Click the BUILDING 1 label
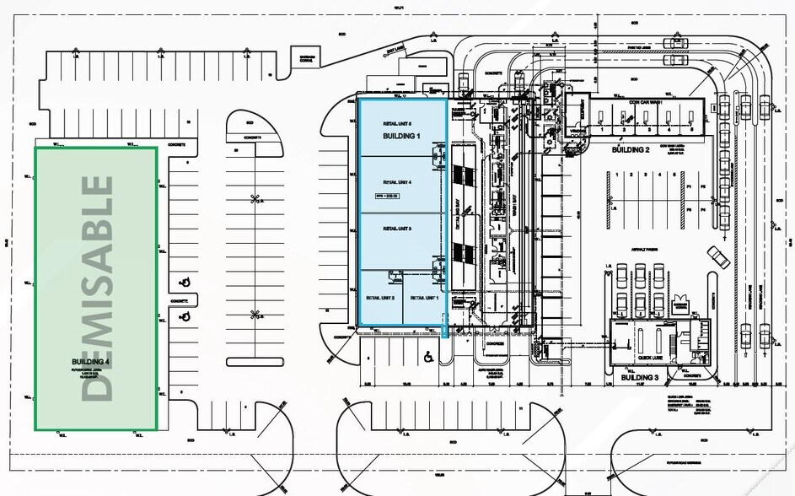click(x=400, y=136)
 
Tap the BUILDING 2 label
click(x=630, y=149)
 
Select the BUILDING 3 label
click(x=643, y=377)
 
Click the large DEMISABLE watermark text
click(x=98, y=288)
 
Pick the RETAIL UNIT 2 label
click(x=380, y=298)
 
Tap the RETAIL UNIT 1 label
click(x=424, y=298)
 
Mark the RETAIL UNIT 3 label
click(x=397, y=229)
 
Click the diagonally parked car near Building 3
click(x=718, y=257)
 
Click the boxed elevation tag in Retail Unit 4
click(x=387, y=196)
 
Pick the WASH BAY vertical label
click(x=513, y=207)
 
